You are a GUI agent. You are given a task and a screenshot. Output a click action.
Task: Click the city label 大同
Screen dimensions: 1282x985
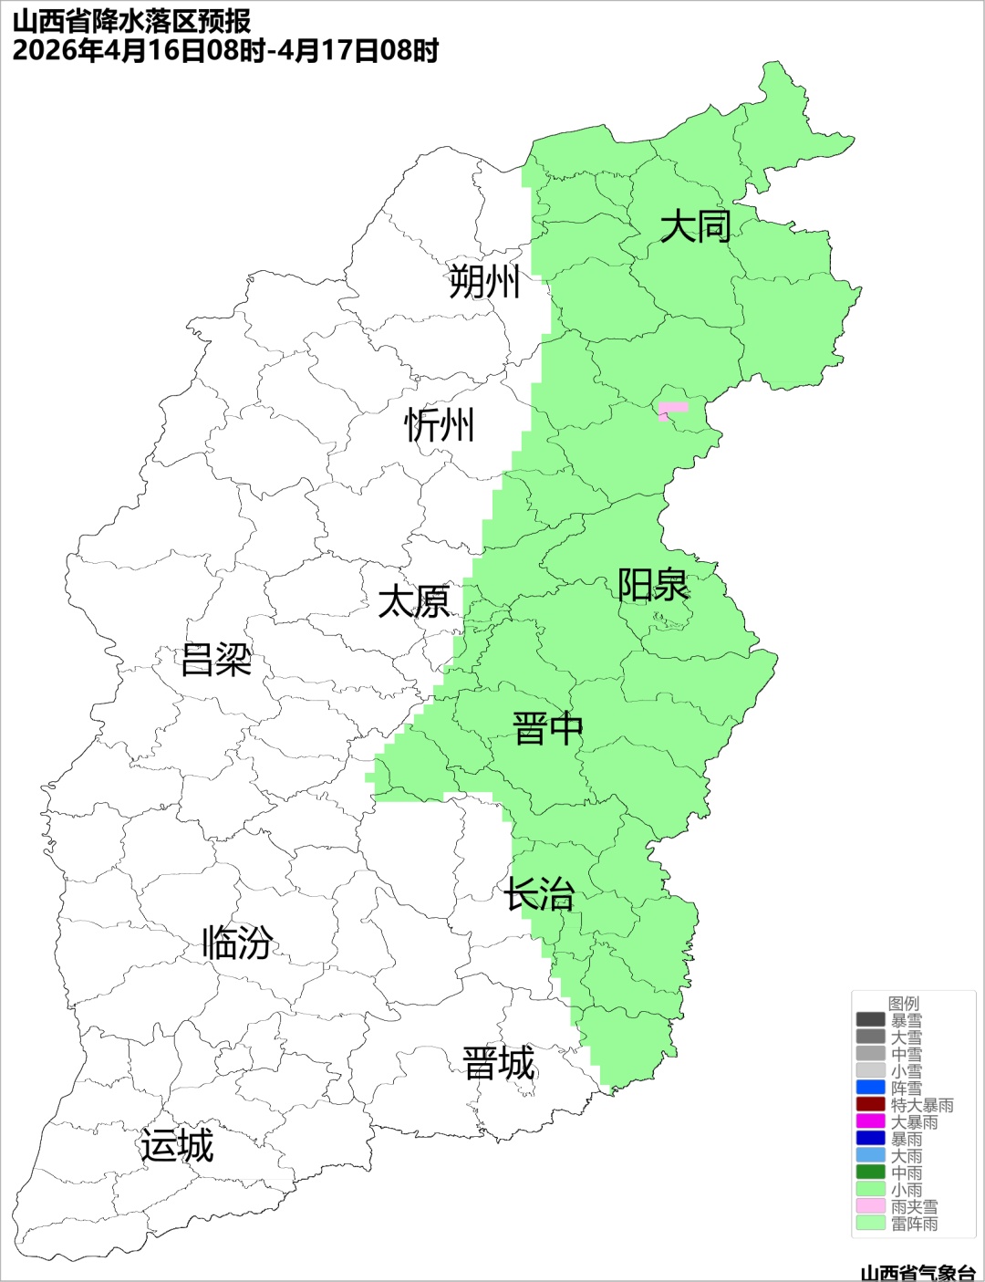(695, 225)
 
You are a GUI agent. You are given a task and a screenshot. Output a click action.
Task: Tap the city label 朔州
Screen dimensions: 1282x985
(484, 281)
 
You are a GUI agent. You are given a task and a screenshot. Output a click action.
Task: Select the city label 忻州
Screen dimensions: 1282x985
(440, 425)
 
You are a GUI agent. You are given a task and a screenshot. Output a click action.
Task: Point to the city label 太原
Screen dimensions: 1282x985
(414, 602)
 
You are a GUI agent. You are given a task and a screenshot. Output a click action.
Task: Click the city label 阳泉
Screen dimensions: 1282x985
(653, 585)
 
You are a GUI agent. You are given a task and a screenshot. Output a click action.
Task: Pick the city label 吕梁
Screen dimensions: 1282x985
(216, 660)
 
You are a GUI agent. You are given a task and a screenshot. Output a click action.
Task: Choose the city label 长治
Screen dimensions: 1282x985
(540, 894)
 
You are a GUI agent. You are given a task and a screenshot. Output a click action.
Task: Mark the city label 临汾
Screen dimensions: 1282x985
(237, 943)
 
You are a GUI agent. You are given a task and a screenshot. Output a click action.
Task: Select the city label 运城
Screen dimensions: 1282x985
(177, 1146)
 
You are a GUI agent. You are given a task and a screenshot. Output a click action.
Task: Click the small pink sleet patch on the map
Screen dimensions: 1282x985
(673, 409)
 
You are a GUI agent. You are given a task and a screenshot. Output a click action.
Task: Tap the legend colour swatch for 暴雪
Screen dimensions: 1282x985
(870, 1020)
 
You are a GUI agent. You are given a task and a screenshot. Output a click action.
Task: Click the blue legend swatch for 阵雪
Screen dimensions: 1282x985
(870, 1088)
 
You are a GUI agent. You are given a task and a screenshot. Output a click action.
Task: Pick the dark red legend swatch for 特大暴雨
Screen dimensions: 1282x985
(870, 1104)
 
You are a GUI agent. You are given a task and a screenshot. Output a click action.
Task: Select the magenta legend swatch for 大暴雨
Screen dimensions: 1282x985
(870, 1121)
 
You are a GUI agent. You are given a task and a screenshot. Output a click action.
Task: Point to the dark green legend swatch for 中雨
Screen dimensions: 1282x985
(870, 1173)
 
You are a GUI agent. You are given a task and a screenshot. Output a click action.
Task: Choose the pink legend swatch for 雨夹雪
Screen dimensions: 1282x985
(870, 1206)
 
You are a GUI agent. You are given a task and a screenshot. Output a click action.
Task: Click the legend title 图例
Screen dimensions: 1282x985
(904, 1003)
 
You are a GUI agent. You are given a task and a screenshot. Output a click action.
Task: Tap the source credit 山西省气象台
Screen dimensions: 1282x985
(918, 1272)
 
